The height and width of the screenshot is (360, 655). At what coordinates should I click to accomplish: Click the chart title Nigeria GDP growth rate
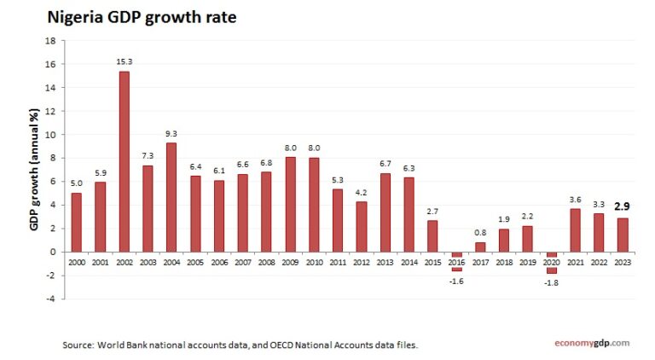(142, 16)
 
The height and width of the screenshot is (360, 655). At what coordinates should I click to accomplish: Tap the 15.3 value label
(124, 62)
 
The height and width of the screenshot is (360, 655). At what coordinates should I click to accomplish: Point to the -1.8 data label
(551, 282)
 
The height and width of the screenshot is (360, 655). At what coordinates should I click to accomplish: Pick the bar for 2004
(171, 196)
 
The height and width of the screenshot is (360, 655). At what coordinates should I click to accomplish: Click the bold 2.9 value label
(623, 206)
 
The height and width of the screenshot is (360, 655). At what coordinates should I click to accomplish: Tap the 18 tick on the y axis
(49, 40)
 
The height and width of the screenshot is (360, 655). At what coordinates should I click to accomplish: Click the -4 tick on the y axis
(49, 299)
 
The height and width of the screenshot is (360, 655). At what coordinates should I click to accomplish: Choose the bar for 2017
(480, 247)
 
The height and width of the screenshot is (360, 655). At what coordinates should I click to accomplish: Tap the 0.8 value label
(480, 233)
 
